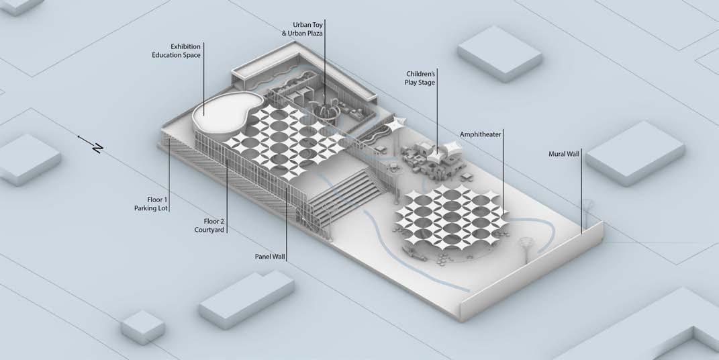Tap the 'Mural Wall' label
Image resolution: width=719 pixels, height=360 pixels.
coord(563,153)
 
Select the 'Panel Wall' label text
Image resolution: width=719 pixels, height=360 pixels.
coord(270,257)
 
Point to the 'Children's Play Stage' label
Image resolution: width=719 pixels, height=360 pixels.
coord(421,78)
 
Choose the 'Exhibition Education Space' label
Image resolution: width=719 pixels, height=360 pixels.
coord(176,50)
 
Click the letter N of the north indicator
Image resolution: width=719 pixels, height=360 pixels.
coord(98,148)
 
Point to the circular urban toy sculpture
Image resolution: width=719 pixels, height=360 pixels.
coord(326,110)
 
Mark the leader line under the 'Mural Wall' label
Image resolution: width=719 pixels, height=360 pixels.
coord(581,195)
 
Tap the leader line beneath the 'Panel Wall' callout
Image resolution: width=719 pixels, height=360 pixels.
coord(287,222)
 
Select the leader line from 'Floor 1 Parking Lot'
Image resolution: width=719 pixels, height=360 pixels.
coord(169,175)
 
